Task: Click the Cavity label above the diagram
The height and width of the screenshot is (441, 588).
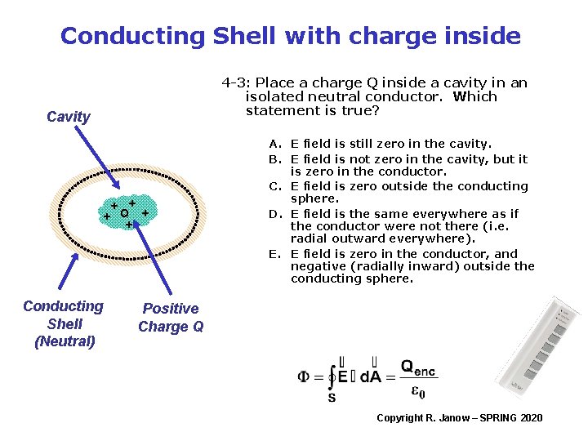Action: click(69, 117)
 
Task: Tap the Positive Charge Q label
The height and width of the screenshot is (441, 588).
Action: click(171, 318)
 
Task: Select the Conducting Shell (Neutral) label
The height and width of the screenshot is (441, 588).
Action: click(64, 323)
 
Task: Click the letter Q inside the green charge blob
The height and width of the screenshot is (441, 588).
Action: click(123, 214)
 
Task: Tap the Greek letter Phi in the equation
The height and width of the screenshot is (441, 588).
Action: click(304, 377)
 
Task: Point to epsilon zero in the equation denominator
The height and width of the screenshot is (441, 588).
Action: click(417, 393)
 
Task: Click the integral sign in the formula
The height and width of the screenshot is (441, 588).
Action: click(332, 377)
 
